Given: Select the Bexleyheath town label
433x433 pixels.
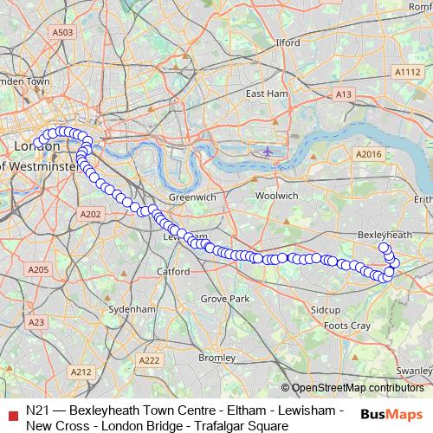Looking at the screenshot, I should [384, 235].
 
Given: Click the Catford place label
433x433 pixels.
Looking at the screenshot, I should [173, 271].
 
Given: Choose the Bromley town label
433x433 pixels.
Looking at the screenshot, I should [216, 357].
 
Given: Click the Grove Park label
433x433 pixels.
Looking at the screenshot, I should [224, 298].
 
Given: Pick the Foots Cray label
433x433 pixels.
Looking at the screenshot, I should [346, 326].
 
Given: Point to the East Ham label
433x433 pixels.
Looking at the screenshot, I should [266, 93].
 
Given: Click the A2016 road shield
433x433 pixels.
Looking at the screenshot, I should [368, 153].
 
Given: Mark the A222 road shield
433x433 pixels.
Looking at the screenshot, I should [150, 360].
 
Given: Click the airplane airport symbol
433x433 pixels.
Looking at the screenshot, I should [268, 152].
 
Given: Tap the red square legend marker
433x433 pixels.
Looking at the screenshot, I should [12, 413].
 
